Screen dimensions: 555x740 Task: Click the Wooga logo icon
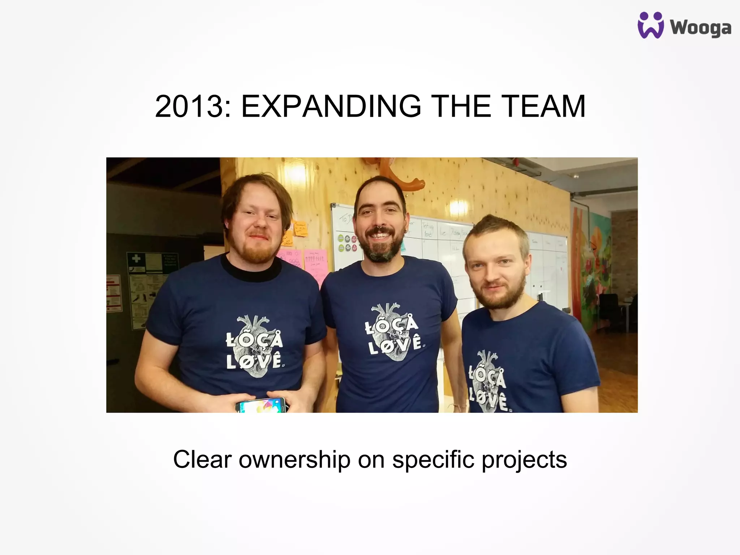click(650, 25)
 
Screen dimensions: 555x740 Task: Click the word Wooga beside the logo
click(701, 28)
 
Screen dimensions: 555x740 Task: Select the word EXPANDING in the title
click(331, 106)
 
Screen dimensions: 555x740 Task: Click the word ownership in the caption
click(294, 460)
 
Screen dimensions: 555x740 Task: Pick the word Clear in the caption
click(202, 460)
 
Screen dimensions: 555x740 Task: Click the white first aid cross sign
click(136, 259)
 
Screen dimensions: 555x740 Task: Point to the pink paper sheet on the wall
click(315, 262)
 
